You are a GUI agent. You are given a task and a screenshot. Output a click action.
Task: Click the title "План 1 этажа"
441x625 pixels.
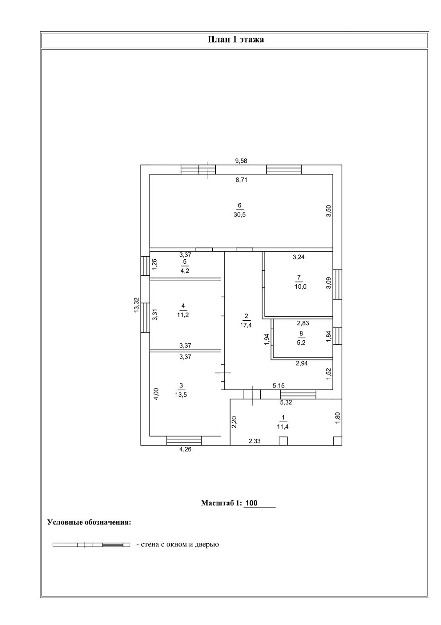coord(235,39)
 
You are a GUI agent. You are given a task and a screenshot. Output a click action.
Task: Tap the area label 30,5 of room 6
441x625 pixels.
coord(240,214)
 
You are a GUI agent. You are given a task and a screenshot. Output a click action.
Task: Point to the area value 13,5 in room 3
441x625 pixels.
coord(181,395)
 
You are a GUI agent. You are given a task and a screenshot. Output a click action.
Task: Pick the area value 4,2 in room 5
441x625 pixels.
coord(185,271)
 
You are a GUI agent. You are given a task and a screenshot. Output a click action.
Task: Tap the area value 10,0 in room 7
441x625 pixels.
coord(301,287)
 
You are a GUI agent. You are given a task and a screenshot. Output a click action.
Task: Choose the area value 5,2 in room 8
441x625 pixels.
coord(301,342)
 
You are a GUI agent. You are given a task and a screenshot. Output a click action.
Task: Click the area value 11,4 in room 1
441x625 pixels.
coord(283,427)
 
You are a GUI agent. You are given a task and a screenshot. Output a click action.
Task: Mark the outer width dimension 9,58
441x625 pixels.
coord(241,161)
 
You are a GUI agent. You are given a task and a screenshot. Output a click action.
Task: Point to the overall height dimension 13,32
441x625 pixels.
coord(136,305)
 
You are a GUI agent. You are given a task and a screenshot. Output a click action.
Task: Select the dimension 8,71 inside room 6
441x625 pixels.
coord(241,180)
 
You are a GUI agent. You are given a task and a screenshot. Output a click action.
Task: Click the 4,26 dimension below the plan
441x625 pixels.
coord(185,449)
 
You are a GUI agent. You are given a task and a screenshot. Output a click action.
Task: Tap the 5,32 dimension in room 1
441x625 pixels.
coord(286,402)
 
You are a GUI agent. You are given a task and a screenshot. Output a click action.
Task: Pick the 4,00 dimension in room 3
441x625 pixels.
coord(156,394)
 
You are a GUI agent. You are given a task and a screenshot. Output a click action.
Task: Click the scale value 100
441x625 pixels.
coord(252,503)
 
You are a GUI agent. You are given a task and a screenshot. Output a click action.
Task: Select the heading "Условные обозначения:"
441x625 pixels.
coord(89,522)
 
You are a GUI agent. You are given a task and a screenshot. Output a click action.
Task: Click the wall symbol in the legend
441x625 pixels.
coord(91,545)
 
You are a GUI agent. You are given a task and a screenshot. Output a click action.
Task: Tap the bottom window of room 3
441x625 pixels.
coord(184,441)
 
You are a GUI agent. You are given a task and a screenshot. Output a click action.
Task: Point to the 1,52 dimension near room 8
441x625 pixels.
coord(328,374)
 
